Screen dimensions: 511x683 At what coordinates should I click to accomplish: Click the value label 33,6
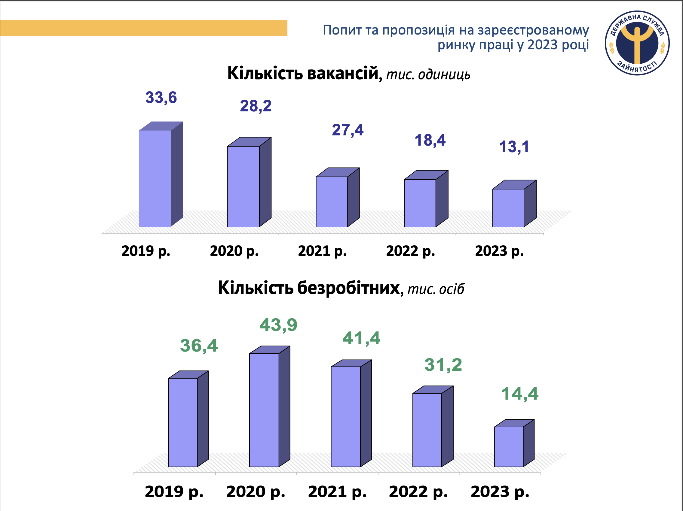tap(161, 98)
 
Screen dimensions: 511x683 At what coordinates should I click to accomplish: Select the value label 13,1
tap(514, 147)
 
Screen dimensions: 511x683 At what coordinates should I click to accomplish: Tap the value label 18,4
tap(430, 140)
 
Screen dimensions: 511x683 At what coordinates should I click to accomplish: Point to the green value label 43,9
tap(278, 325)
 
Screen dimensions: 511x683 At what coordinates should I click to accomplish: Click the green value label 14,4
tap(520, 394)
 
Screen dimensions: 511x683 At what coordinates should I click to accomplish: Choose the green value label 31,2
tap(443, 365)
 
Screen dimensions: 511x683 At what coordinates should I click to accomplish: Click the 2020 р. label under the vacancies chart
tap(234, 251)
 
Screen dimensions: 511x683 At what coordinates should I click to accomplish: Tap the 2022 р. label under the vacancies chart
tap(410, 251)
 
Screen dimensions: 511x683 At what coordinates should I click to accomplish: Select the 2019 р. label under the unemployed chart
tap(174, 491)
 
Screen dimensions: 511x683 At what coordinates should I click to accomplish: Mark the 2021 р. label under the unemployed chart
tap(337, 491)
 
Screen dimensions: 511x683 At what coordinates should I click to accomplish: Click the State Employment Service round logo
tap(637, 43)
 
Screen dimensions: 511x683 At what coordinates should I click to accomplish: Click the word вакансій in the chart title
tap(343, 73)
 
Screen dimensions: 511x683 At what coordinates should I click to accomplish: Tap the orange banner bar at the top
tap(144, 28)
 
